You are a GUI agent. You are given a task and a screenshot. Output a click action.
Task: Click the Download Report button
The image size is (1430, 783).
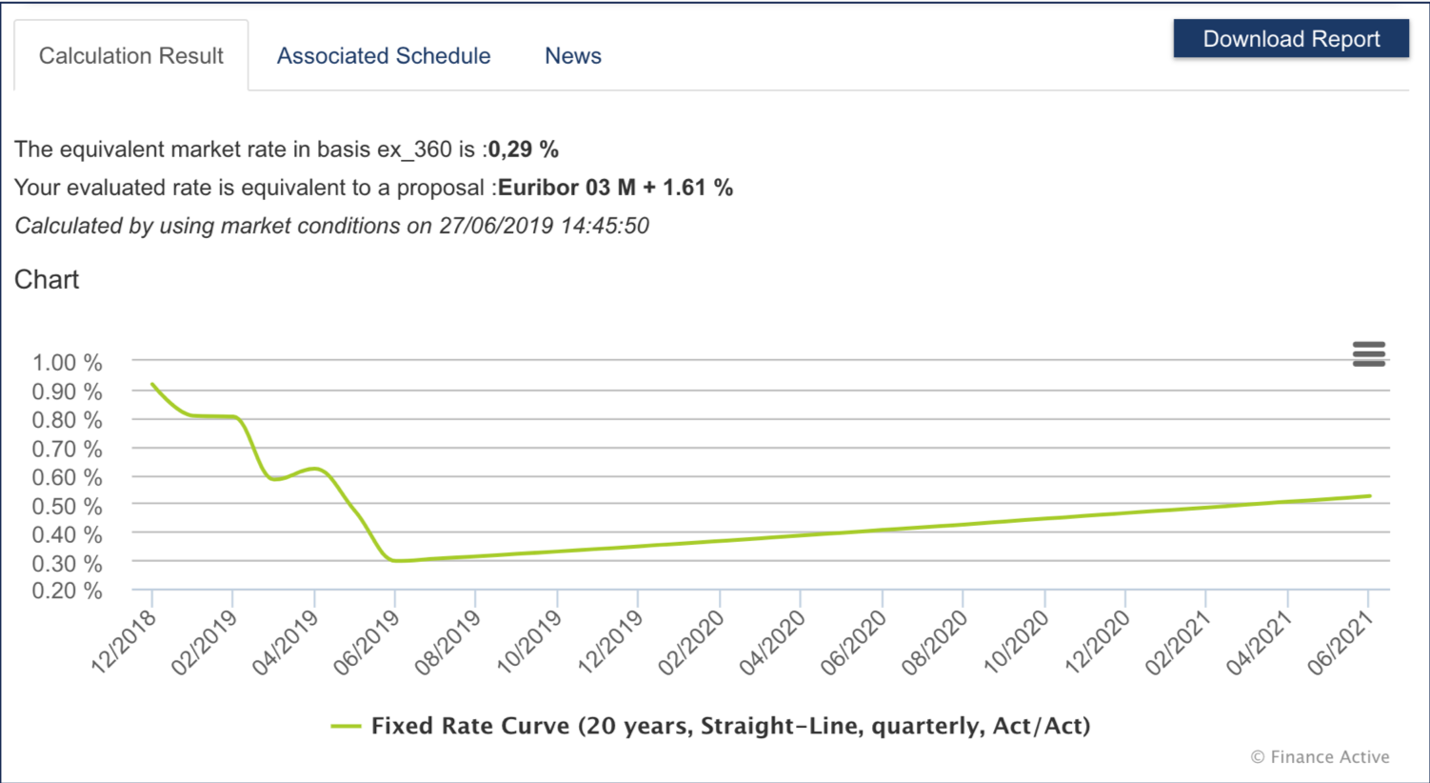(x=1290, y=39)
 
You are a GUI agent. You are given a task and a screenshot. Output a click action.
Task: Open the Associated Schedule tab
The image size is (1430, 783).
(x=384, y=56)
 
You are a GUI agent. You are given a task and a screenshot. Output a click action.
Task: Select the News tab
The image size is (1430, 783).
(x=573, y=56)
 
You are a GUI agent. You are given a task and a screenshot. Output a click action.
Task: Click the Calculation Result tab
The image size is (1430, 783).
(x=131, y=56)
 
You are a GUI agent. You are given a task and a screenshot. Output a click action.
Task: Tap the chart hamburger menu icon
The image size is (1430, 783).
(x=1368, y=354)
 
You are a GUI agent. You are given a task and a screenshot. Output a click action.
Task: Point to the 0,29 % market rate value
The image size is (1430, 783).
(x=523, y=150)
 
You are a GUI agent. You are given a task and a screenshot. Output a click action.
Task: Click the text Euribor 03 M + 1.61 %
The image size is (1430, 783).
(x=615, y=188)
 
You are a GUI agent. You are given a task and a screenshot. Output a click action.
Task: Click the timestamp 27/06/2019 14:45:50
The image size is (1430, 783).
(x=544, y=226)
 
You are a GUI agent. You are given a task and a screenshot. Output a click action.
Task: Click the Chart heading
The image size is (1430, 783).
(x=47, y=279)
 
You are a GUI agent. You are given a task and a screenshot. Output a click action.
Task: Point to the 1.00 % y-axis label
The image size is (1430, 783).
(x=67, y=363)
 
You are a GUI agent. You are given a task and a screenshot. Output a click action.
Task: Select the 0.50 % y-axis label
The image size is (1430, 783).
(x=67, y=506)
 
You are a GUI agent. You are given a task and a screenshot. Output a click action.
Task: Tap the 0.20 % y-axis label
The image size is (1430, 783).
(x=67, y=591)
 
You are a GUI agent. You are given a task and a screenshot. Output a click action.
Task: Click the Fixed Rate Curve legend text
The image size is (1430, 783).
(x=730, y=726)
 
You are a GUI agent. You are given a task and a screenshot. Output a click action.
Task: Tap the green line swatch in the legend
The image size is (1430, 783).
(x=346, y=727)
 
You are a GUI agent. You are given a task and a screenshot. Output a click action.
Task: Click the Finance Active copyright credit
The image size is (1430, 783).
(x=1320, y=757)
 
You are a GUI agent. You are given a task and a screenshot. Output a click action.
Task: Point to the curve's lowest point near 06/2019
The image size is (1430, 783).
(x=399, y=561)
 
